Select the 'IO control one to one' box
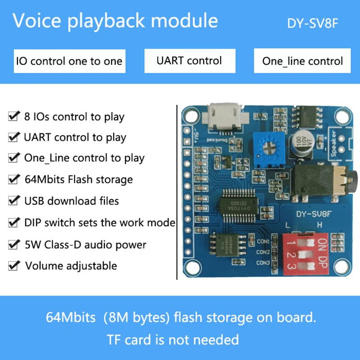tap(69, 61)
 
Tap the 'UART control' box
tap(189, 60)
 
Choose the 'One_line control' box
tap(302, 61)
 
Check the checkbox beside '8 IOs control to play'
tap(13, 117)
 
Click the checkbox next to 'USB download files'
tap(13, 200)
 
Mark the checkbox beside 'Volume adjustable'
tap(13, 265)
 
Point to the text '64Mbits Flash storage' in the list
tap(78, 180)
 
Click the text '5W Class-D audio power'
tap(85, 245)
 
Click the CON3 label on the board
tap(263, 263)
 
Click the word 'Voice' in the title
tap(35, 21)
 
